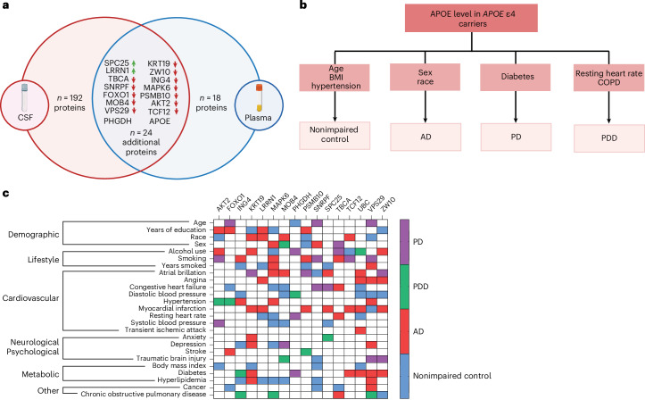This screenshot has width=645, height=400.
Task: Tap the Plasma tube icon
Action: coord(259,98)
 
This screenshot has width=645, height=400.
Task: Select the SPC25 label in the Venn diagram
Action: coord(116,63)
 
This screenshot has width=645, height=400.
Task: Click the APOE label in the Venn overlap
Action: coord(160,121)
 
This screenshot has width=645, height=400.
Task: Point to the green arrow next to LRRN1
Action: coord(133,71)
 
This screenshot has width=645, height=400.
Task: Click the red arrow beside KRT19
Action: coord(175,63)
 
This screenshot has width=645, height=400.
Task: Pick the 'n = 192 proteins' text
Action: coord(70,103)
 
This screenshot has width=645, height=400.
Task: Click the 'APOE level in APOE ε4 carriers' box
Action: coord(471,19)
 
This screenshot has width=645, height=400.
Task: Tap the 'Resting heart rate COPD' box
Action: coord(608,78)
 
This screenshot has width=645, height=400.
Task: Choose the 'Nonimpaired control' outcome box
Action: coord(335,136)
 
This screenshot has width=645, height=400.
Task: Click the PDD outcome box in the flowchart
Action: coord(608,137)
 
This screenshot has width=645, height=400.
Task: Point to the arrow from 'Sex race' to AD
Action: coord(426,106)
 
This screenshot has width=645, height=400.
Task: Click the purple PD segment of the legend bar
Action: coord(405,242)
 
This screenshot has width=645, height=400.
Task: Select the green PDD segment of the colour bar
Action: coord(405,287)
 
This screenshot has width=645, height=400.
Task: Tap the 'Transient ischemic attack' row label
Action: coord(165,329)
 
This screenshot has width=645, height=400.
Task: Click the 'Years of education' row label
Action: coord(176,229)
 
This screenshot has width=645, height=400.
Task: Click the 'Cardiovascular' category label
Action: coord(30,298)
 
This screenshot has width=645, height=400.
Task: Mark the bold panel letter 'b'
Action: coord(303,5)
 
